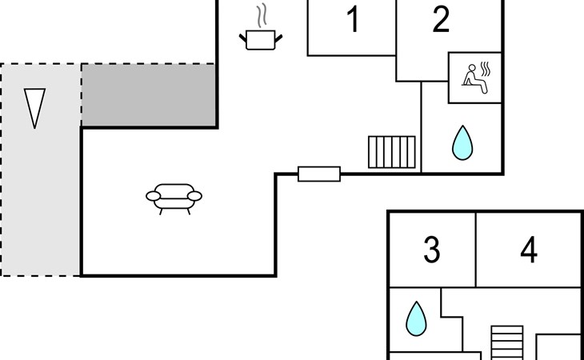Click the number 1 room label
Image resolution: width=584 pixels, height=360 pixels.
[353, 19]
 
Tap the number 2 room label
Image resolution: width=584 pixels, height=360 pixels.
[441, 19]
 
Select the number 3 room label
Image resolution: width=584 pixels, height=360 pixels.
[432, 250]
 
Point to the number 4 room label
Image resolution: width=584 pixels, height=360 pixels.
[529, 250]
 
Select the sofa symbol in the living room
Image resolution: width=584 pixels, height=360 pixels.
[174, 198]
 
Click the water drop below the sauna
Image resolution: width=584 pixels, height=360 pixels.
[462, 143]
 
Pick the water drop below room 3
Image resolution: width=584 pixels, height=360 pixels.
[416, 318]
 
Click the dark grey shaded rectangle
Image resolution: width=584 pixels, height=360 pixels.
[149, 95]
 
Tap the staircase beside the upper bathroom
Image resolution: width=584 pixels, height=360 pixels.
[392, 152]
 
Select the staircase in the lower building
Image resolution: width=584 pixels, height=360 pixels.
[507, 343]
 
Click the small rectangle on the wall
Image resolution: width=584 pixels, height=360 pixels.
[319, 174]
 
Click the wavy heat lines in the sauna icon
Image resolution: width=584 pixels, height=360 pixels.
[486, 69]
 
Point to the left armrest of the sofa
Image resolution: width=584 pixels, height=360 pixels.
[153, 196]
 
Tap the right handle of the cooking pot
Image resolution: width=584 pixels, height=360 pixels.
[278, 38]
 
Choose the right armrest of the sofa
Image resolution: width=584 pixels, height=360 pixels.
[194, 196]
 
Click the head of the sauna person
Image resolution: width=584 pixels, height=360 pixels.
[472, 68]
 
